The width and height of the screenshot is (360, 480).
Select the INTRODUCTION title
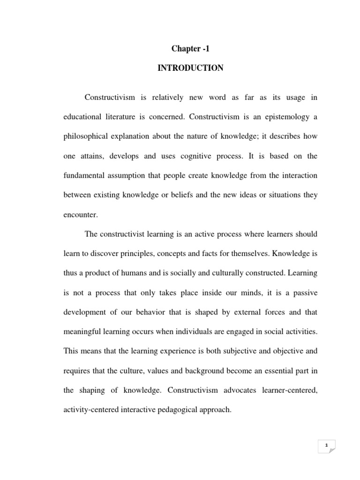pos(190,68)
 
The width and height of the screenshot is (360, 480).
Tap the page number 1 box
pos(327,446)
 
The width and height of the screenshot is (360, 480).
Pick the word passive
pos(306,293)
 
